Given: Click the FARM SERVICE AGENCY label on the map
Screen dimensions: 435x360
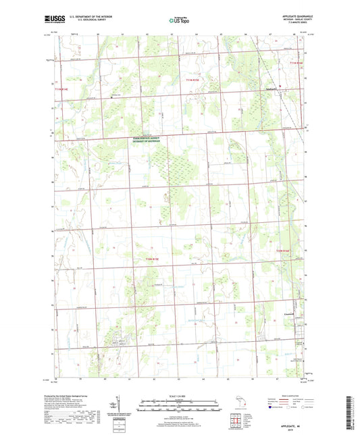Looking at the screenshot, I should pos(147,138).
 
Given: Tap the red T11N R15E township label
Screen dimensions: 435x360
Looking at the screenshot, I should pos(193,80).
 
